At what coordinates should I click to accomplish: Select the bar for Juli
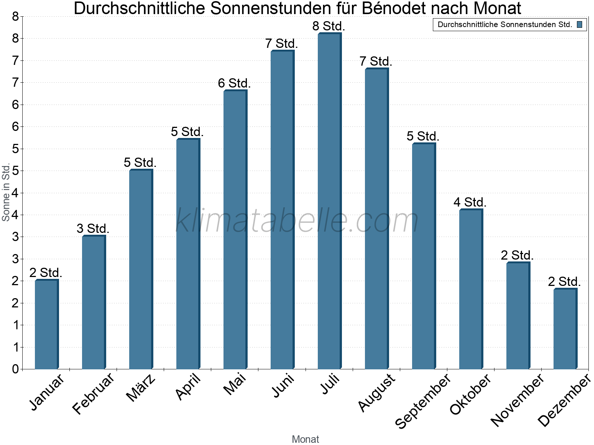coord(329,202)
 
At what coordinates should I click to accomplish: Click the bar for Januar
coord(46,324)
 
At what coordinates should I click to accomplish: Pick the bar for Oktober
coord(471,289)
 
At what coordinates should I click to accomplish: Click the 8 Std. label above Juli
coord(329,26)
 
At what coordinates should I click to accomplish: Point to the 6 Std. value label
coord(234,83)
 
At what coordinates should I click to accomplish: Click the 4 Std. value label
coord(470,202)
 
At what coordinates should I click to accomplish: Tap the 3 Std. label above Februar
coord(93,229)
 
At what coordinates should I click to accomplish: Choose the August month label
coord(377,392)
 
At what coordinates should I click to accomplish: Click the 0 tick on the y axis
coord(15,369)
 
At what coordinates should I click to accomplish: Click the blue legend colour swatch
coord(580,25)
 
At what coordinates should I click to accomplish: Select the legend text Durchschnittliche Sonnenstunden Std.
coord(505,25)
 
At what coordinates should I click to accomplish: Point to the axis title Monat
coord(305,439)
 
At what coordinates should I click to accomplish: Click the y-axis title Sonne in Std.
coord(6,192)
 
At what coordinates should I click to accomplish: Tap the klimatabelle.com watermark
coord(297,221)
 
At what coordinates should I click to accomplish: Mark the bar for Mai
coord(235,230)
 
